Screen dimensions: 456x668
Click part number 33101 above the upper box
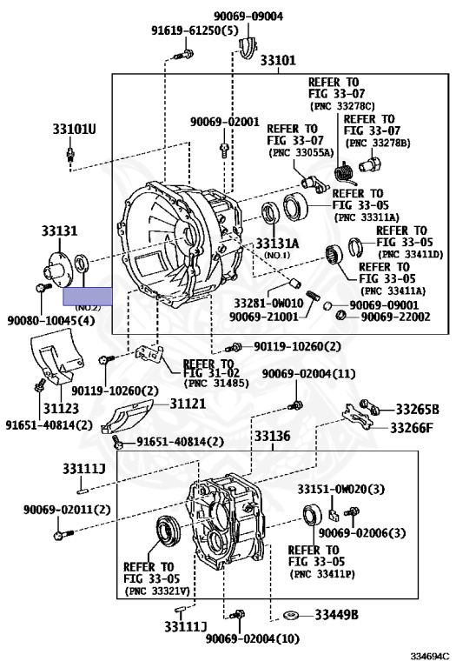tap(278, 60)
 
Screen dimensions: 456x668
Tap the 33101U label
tap(75, 129)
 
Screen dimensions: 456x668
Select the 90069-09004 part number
tap(248, 17)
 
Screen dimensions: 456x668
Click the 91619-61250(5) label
tap(195, 30)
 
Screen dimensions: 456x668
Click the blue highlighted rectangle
tap(88, 296)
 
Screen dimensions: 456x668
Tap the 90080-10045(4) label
tap(51, 320)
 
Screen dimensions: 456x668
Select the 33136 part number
tap(272, 437)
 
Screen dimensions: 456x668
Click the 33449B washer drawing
tap(291, 615)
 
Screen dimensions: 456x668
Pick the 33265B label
tap(417, 410)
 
